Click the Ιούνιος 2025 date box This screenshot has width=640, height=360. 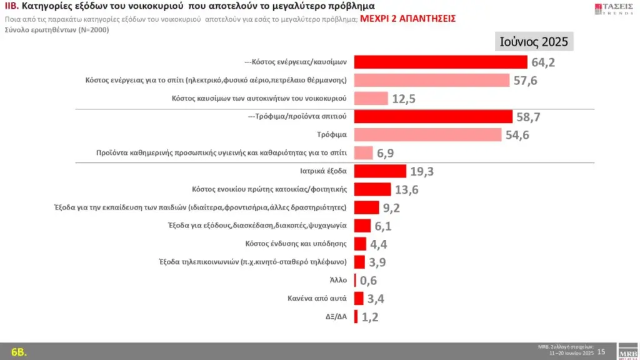tap(534, 42)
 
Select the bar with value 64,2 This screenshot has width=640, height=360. tap(441, 62)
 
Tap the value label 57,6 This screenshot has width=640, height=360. tap(526, 81)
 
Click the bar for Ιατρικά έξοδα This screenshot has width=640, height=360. tap(380, 171)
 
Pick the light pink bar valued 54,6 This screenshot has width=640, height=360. tap(427, 134)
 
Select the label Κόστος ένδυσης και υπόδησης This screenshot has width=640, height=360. tap(297, 244)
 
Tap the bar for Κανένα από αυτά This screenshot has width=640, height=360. tap(359, 298)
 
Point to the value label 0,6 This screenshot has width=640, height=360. tap(368, 281)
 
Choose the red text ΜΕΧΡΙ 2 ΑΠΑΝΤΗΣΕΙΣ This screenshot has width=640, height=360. tap(408, 19)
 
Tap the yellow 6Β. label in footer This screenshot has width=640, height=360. tap(19, 351)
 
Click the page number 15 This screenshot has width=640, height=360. tap(601, 351)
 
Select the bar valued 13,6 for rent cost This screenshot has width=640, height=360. tap(372, 189)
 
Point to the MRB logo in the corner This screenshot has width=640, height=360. tap(627, 351)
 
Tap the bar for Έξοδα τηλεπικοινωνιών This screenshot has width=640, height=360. tap(359, 262)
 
